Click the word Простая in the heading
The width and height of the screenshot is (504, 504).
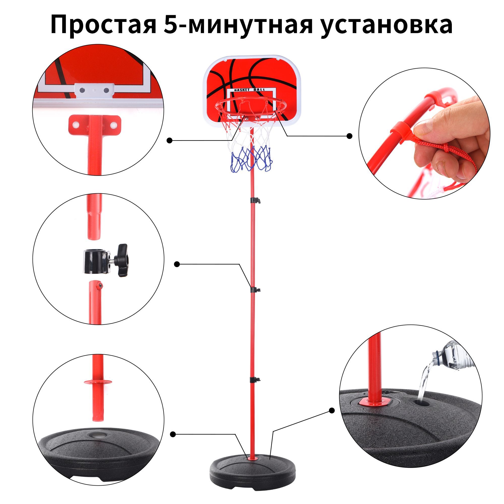(x=103, y=25)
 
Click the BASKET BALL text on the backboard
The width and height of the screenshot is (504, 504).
(x=250, y=90)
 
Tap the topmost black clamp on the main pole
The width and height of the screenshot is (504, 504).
(x=255, y=200)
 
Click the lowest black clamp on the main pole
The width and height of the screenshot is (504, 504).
(x=255, y=380)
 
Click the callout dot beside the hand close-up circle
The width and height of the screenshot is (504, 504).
(x=350, y=136)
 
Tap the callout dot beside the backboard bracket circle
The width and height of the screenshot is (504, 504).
(x=170, y=141)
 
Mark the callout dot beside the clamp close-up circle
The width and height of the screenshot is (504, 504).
(x=177, y=264)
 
